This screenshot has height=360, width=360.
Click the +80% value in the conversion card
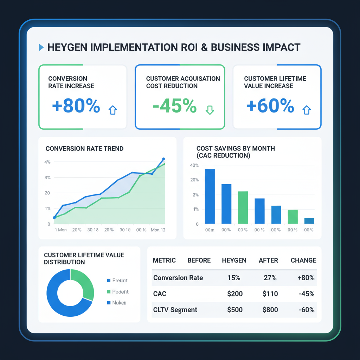[76, 106]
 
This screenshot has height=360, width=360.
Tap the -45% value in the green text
[175, 106]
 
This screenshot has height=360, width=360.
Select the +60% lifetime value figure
[270, 106]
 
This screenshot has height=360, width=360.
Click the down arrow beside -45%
[210, 110]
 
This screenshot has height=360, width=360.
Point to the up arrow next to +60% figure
[307, 110]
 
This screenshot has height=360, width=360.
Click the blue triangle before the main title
[41, 47]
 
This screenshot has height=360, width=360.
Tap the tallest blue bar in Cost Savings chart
[210, 196]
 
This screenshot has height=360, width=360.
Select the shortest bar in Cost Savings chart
[309, 221]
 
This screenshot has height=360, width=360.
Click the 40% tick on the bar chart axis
[194, 165]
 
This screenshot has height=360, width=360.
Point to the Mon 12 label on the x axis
[158, 230]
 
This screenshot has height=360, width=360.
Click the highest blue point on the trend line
[163, 159]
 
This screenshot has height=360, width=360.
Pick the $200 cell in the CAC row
[234, 294]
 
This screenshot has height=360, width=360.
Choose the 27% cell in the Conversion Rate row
[270, 278]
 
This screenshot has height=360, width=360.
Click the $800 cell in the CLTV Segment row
[270, 310]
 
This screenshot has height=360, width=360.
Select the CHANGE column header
[303, 261]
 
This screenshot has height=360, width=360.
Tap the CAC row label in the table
[160, 294]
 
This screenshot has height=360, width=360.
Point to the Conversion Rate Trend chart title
[84, 149]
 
